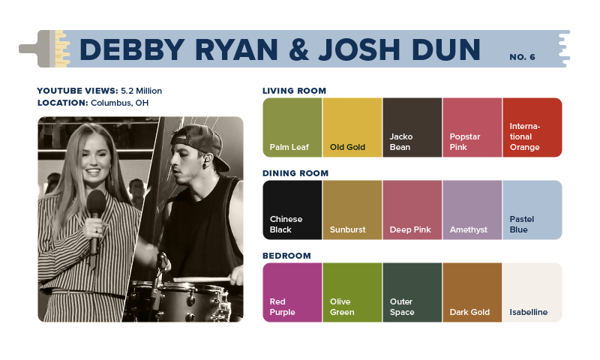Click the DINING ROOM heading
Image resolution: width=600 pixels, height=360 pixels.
point(295,173)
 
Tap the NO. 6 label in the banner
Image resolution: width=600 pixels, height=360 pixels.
point(522,57)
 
